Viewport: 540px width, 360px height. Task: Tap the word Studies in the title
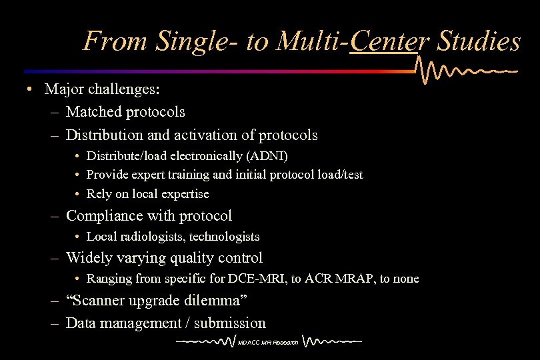point(479,42)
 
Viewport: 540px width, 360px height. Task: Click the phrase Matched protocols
point(125,111)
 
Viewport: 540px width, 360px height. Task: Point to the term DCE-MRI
point(249,279)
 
